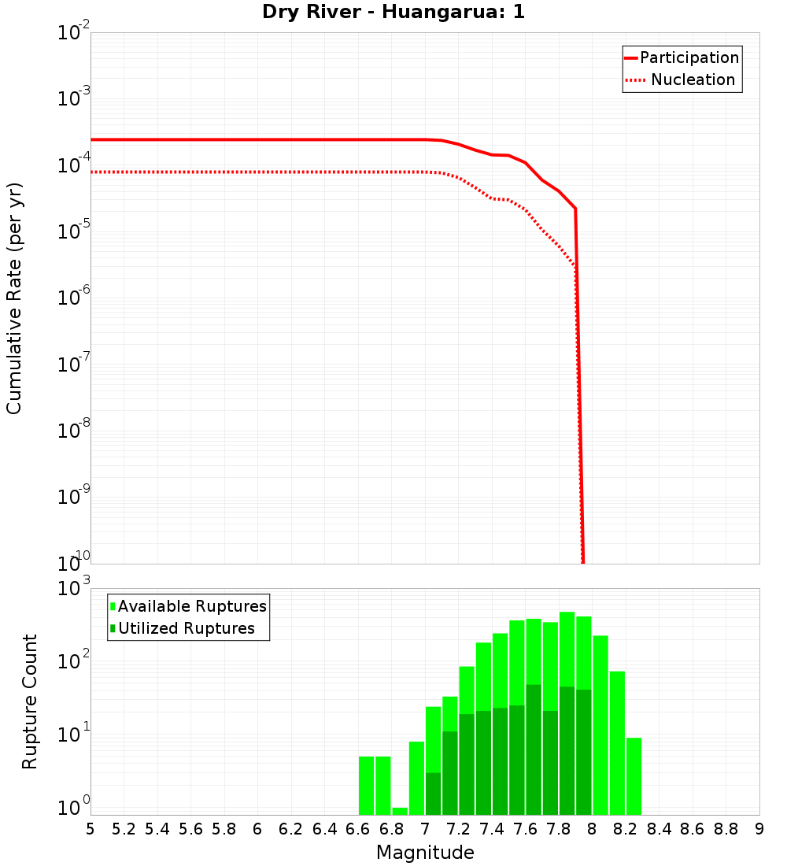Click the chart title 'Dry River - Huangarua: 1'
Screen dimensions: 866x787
(x=393, y=13)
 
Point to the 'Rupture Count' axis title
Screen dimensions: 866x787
(x=30, y=701)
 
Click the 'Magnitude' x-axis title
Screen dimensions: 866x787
(x=425, y=853)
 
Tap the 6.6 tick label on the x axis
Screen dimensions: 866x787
(x=357, y=829)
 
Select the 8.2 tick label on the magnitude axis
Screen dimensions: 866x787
(x=625, y=829)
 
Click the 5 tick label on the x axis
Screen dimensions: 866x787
(x=91, y=829)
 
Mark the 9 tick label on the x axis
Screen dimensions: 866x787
(x=759, y=829)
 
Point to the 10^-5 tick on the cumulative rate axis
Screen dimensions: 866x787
(x=73, y=231)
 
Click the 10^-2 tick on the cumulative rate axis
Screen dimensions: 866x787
(x=73, y=33)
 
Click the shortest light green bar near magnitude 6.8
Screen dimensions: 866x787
(x=400, y=811)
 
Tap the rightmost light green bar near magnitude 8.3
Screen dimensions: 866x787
(x=634, y=776)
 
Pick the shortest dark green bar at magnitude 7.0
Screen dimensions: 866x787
(x=433, y=794)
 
